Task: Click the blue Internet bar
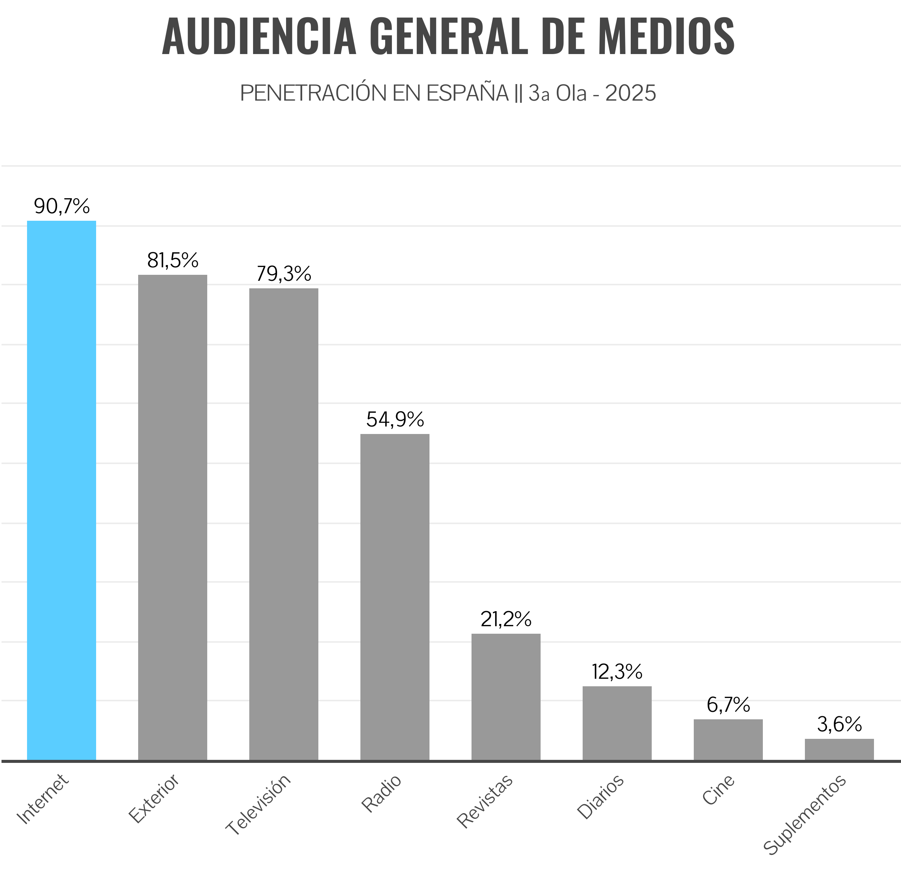point(62,490)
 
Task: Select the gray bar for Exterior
point(172,517)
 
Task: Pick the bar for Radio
point(395,597)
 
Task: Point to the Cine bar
point(728,740)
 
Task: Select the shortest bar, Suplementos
point(839,749)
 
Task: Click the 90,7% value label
point(62,206)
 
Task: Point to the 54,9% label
point(395,419)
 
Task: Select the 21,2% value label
point(506,619)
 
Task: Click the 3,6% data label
point(839,724)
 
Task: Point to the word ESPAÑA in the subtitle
point(467,93)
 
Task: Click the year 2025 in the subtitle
point(631,93)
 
